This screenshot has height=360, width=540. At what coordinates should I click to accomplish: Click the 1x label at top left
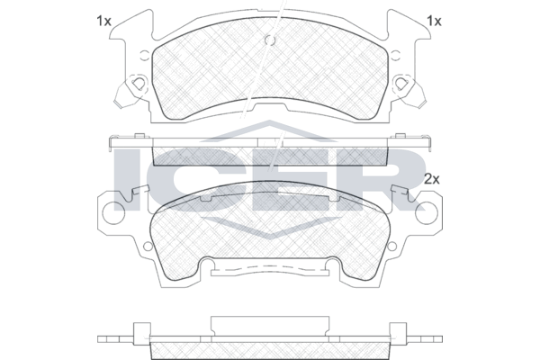[103, 22]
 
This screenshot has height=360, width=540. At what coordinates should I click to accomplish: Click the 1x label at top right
[434, 22]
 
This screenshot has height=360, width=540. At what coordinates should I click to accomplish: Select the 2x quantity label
[432, 179]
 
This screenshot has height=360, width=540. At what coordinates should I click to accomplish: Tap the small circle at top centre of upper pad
[270, 40]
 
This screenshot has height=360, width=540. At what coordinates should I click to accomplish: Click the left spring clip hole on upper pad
[139, 84]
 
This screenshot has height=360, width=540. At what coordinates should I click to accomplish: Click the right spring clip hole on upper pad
[401, 84]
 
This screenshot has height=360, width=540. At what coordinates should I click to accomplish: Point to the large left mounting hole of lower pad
[113, 213]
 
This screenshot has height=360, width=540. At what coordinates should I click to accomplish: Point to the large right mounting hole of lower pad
[427, 213]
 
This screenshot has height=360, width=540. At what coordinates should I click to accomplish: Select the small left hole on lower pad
[148, 246]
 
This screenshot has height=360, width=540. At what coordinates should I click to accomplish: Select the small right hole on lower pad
[391, 246]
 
